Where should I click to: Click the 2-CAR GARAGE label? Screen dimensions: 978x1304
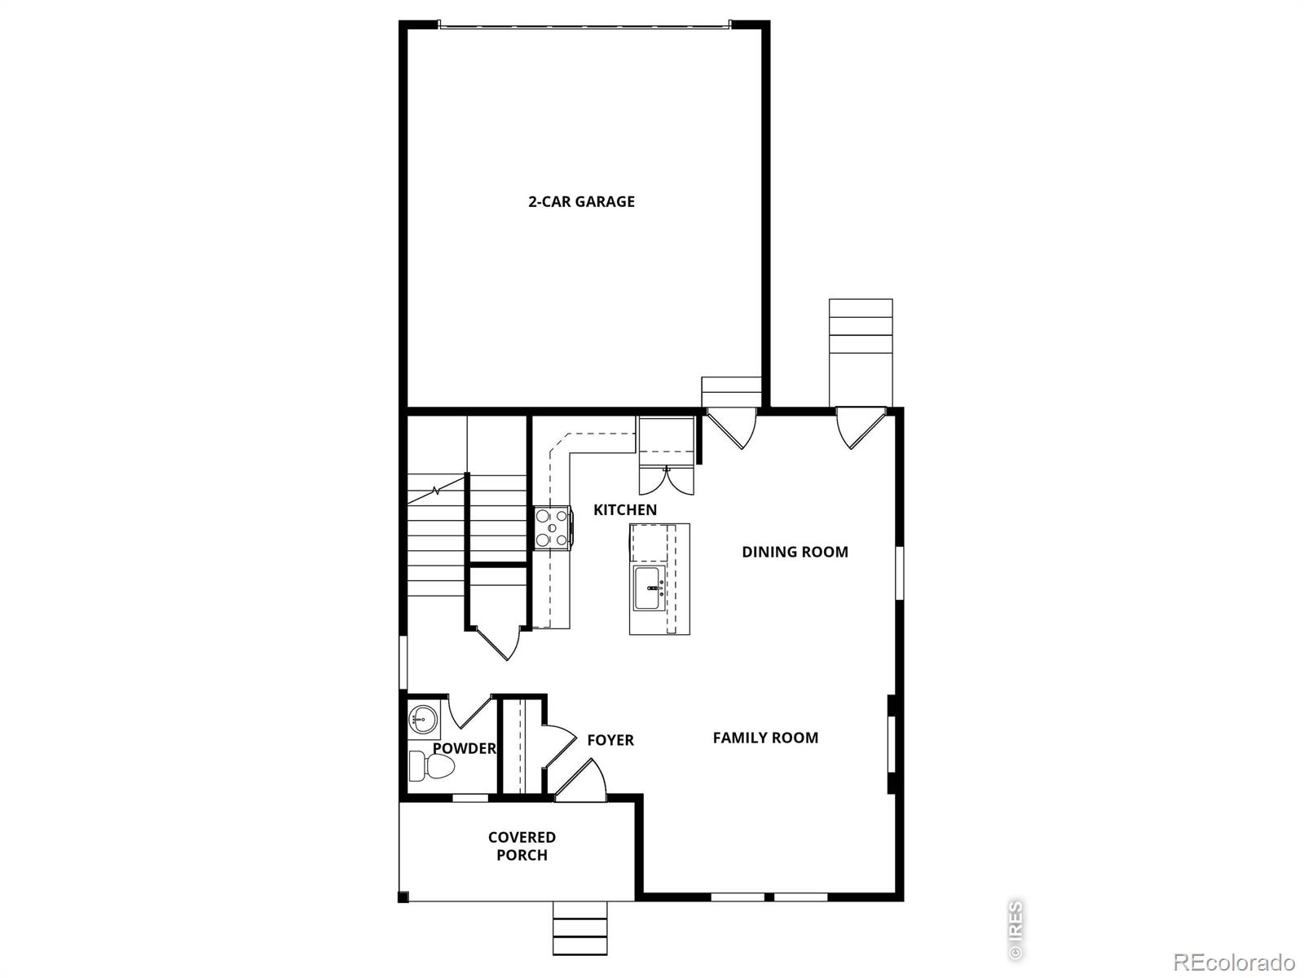click(x=581, y=201)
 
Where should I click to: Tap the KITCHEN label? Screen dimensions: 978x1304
click(x=624, y=510)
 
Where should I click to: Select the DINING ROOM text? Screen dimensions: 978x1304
click(x=795, y=552)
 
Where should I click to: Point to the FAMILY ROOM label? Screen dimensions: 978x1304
click(x=765, y=738)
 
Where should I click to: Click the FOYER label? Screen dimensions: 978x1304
click(x=610, y=740)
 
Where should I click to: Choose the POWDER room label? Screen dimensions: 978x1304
click(x=464, y=748)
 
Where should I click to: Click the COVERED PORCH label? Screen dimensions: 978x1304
click(x=522, y=846)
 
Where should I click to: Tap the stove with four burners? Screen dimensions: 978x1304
click(x=552, y=527)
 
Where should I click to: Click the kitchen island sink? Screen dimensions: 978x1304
click(x=650, y=588)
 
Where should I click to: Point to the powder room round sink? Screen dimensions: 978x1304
click(x=423, y=718)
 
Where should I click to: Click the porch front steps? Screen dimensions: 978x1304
click(x=580, y=928)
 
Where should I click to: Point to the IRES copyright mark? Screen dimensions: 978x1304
click(x=1015, y=928)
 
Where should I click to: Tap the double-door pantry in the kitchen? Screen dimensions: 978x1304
click(x=667, y=480)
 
